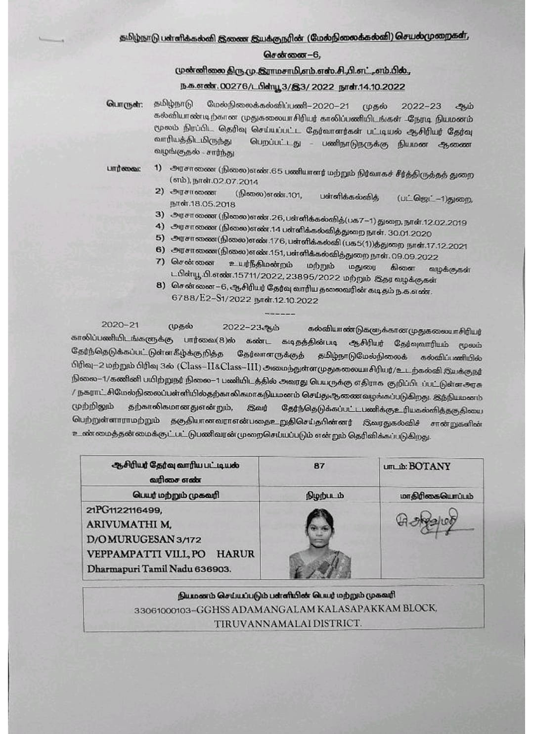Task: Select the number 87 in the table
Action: tap(319, 465)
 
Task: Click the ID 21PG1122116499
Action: tap(124, 510)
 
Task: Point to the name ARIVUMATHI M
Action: tap(129, 524)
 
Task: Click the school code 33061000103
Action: tap(162, 610)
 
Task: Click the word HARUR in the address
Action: tap(235, 554)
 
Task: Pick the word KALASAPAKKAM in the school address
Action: tap(363, 608)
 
